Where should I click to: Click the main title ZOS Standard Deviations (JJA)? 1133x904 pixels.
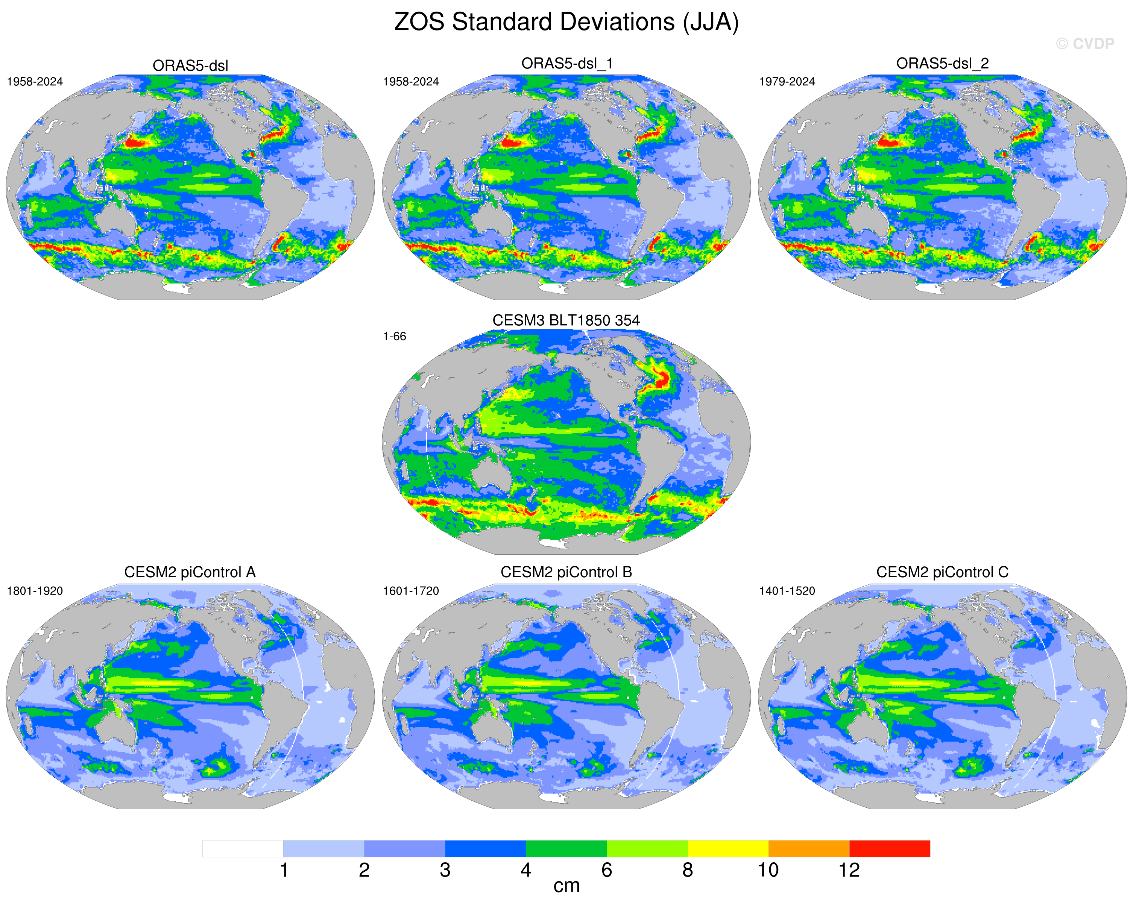(566, 22)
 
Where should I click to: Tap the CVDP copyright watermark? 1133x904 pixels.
(1084, 44)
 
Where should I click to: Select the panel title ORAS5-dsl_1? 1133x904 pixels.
(566, 64)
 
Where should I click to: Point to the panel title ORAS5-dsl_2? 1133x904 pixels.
(942, 64)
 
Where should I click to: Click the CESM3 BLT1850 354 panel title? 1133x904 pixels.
(566, 320)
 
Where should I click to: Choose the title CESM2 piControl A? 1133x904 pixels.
(190, 572)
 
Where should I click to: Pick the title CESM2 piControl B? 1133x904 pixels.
(566, 572)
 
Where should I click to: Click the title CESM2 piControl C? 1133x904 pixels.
(942, 572)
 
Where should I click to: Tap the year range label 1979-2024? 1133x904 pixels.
(787, 82)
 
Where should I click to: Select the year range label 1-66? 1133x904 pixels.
(394, 336)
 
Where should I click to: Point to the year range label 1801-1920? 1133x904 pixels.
(35, 591)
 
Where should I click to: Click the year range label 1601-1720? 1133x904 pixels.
(410, 591)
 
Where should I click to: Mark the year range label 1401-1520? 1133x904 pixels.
(787, 591)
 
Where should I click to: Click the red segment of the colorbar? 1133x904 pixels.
(890, 849)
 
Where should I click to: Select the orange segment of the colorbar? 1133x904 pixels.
(809, 849)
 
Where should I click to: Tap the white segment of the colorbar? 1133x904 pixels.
(243, 849)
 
